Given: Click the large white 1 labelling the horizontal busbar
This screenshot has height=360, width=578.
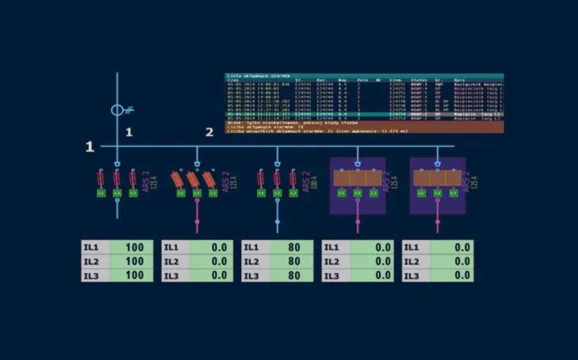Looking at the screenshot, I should tap(90, 146).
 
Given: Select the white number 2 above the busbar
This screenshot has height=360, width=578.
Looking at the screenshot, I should tap(209, 132).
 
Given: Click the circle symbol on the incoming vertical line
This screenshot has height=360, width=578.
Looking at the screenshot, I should tap(117, 110).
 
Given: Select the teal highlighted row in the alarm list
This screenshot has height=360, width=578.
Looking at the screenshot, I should tap(365, 115).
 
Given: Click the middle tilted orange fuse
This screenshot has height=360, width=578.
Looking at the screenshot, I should tap(198, 179).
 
